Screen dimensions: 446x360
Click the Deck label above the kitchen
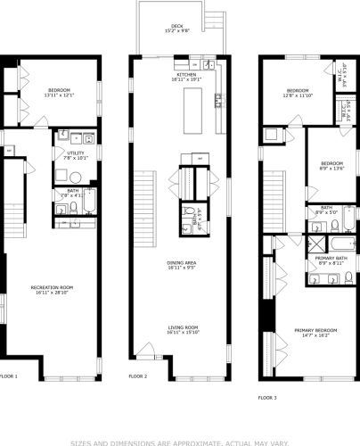click(177, 27)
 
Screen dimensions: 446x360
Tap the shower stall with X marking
click(315, 244)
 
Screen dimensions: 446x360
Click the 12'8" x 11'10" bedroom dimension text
click(298, 97)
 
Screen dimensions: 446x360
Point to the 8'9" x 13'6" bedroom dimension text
click(331, 168)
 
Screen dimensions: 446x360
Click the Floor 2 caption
click(138, 376)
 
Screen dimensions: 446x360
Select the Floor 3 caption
click(267, 396)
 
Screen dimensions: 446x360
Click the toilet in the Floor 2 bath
click(185, 227)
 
